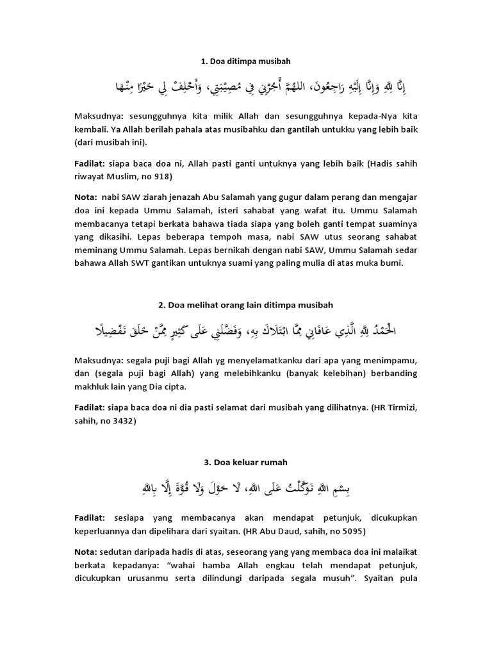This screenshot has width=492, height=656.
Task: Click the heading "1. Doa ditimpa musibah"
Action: pos(246,61)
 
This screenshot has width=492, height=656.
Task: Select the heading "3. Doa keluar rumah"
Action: pos(246,461)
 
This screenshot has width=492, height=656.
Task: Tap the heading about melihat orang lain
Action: pos(246,304)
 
